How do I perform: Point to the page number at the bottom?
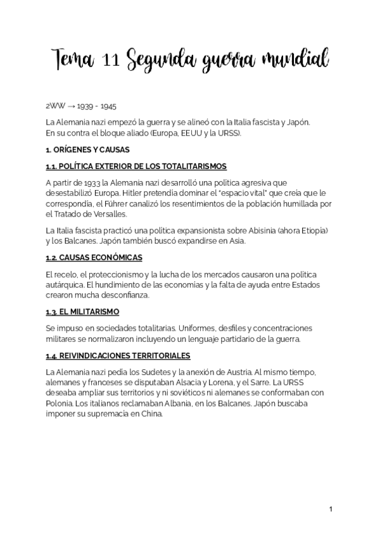331,509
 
